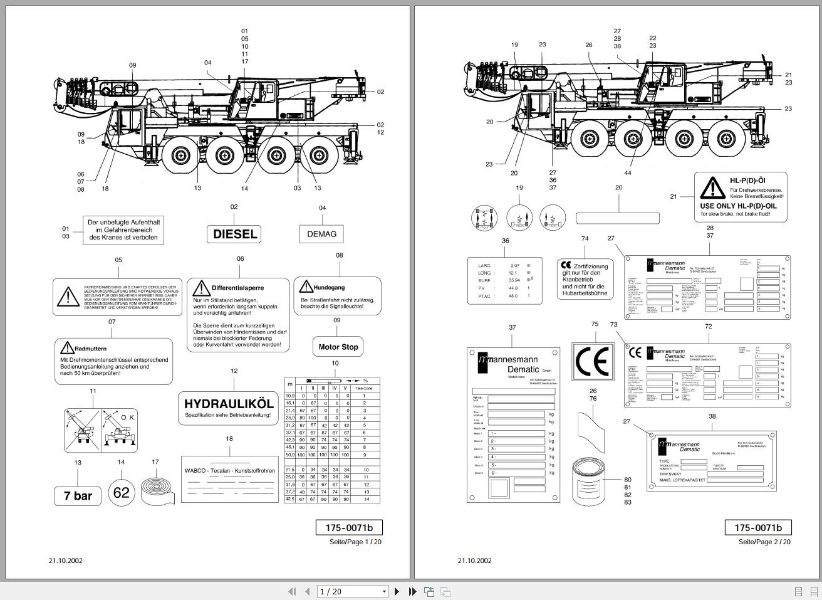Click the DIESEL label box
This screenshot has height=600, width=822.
point(234,234)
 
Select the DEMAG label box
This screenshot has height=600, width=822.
point(321,234)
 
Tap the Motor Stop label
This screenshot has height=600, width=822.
point(338,347)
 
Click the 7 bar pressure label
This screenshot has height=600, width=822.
point(78,495)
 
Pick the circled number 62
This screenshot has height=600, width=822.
point(121,492)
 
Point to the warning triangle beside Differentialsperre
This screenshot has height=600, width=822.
point(201,288)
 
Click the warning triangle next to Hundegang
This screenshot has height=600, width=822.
point(306,287)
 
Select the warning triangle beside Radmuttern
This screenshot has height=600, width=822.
point(66,348)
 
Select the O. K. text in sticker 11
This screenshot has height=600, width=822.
point(128,418)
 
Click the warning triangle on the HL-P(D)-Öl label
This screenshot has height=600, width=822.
point(712,188)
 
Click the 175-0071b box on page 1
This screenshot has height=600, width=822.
point(348,527)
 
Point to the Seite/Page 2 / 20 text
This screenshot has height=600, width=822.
point(764,542)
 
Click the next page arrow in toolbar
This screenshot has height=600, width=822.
point(397,591)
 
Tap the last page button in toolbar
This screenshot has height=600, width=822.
point(412,591)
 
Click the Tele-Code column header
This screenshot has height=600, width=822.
point(363,388)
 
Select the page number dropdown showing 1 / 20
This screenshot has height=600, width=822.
point(353,591)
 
